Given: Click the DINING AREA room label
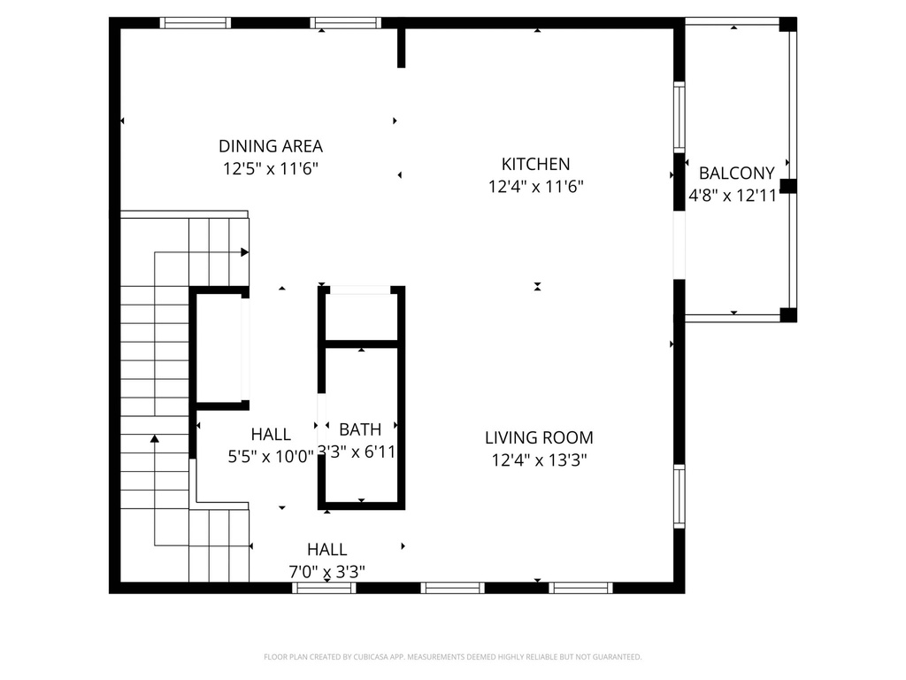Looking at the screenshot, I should point(271,146).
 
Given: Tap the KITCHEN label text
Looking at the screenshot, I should point(535,164).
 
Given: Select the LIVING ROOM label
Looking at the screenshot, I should point(539,437).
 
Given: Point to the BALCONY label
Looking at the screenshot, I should point(736,174).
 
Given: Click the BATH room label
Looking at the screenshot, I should point(360,429).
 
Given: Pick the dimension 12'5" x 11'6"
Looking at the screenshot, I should point(271,168).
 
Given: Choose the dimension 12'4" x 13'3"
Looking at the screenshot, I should point(539,460).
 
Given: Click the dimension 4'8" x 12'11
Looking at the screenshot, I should point(733,197).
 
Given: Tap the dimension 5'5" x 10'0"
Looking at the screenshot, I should point(271,456).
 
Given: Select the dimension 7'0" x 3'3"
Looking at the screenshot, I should point(326,571).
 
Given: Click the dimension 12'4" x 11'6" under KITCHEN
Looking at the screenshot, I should point(535,186).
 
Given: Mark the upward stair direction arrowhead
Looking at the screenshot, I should point(155,437).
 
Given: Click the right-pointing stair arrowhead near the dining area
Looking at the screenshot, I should point(244,252).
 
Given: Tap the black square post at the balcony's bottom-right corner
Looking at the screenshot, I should point(787,314).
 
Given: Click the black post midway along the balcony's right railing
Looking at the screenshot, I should point(787,186).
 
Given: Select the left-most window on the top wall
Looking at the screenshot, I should point(195,23).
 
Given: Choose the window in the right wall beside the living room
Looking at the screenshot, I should point(679,496).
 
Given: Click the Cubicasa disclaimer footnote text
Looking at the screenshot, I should point(452,657).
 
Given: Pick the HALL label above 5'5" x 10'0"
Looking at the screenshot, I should point(271,434).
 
